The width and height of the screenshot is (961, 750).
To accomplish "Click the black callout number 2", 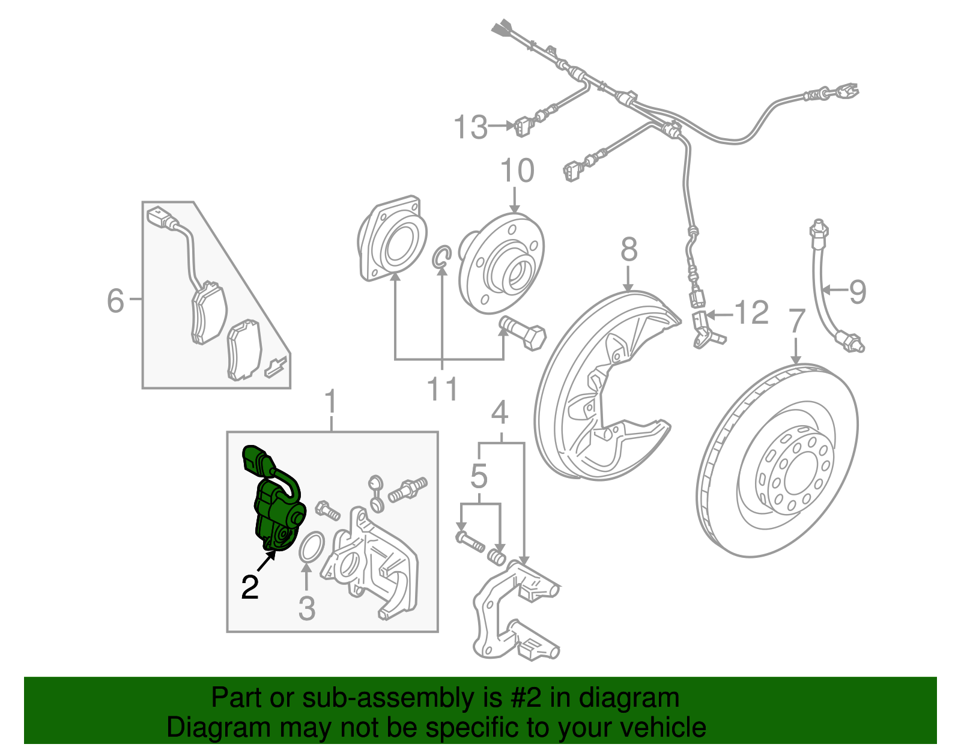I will click(250, 587).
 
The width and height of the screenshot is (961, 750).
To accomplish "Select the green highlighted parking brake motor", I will click(274, 508).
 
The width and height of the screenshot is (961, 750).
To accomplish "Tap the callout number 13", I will click(470, 127).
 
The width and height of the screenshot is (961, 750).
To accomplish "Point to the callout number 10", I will click(517, 171).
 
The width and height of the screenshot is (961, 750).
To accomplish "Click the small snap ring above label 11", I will click(441, 257).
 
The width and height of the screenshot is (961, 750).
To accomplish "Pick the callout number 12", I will click(751, 313).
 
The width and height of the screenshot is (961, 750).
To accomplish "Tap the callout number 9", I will click(858, 292).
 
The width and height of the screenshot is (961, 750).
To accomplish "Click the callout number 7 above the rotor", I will click(796, 321).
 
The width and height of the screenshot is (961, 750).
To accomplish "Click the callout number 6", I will click(115, 300).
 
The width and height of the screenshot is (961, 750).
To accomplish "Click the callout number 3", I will click(306, 608).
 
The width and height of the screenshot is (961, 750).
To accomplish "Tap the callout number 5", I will click(479, 476).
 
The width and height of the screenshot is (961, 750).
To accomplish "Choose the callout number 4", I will click(500, 413).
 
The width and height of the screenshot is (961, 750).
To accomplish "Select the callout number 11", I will click(442, 390).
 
